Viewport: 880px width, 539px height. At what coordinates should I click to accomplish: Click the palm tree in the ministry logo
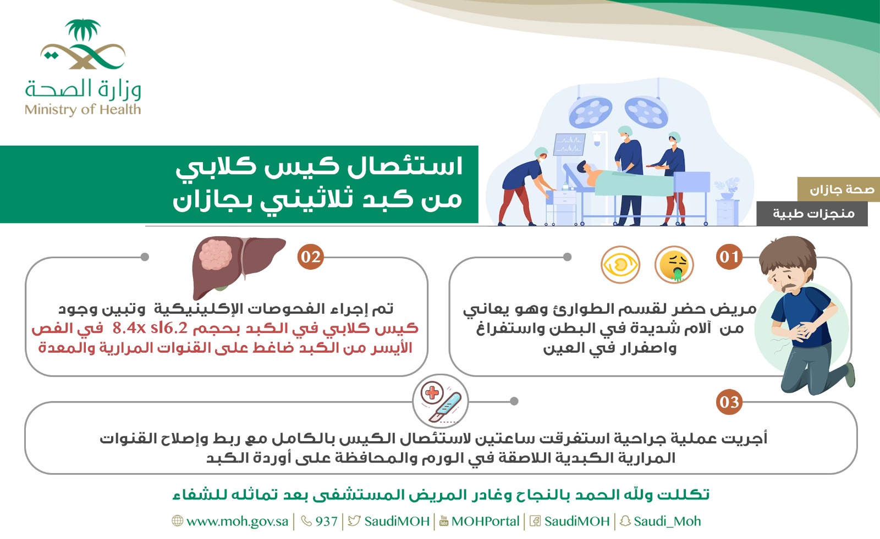pyautogui.click(x=82, y=30)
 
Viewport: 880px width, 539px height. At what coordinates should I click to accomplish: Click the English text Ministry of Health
pyautogui.click(x=82, y=109)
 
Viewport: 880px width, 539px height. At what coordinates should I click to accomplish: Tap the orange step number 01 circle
pyautogui.click(x=729, y=257)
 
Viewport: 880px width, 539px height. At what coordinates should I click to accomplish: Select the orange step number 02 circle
pyautogui.click(x=310, y=257)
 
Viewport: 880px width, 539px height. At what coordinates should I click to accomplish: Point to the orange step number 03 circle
pyautogui.click(x=729, y=402)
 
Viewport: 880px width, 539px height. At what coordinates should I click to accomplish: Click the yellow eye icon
pyautogui.click(x=620, y=265)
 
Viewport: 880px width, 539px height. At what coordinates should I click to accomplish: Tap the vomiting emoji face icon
pyautogui.click(x=674, y=265)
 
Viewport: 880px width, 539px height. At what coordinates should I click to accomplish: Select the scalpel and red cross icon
pyautogui.click(x=441, y=401)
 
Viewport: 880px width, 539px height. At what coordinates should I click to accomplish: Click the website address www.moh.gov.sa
pyautogui.click(x=237, y=521)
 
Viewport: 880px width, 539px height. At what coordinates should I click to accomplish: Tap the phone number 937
pyautogui.click(x=326, y=521)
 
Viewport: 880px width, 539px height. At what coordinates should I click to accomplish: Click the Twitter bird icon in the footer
pyautogui.click(x=354, y=521)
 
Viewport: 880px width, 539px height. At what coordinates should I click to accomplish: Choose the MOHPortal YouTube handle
pyautogui.click(x=485, y=521)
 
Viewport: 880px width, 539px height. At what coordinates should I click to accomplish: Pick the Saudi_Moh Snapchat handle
pyautogui.click(x=667, y=521)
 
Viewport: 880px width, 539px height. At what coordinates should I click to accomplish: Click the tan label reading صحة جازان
pyautogui.click(x=838, y=189)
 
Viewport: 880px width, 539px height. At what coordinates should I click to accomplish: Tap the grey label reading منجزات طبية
pyautogui.click(x=812, y=214)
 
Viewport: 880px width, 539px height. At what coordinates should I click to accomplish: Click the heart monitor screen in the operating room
pyautogui.click(x=569, y=144)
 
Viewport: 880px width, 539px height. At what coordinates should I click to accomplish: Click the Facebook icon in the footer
pyautogui.click(x=535, y=521)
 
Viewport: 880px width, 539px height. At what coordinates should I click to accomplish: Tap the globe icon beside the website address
pyautogui.click(x=178, y=521)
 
